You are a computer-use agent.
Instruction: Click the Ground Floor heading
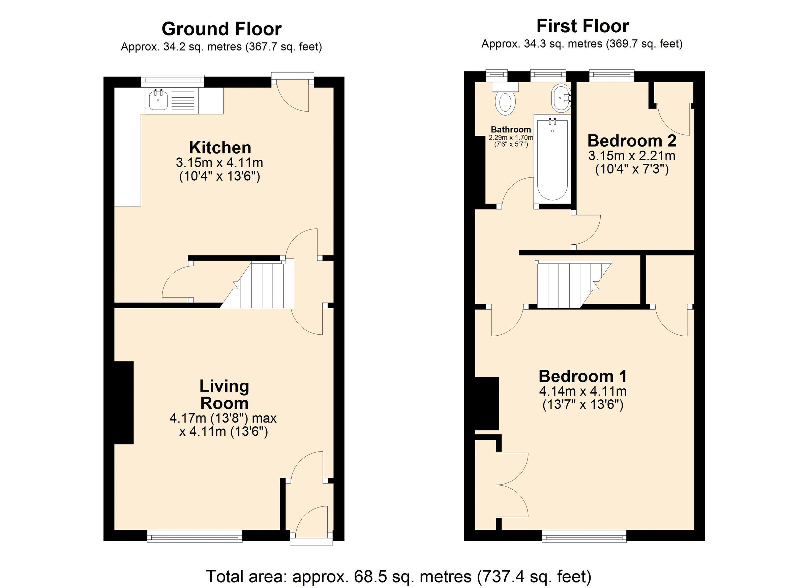[x=221, y=29]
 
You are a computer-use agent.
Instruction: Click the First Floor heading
[x=582, y=26]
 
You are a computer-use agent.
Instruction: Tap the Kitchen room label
[x=220, y=148]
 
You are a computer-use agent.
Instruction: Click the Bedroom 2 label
[x=632, y=141]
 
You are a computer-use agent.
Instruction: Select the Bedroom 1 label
[x=582, y=376]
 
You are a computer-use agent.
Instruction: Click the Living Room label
[x=224, y=394]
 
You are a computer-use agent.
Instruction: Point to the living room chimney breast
[x=124, y=403]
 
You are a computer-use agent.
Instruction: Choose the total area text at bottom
[x=399, y=576]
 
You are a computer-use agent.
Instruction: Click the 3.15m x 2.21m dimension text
[x=632, y=156]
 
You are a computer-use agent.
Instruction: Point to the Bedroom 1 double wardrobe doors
[x=512, y=485]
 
